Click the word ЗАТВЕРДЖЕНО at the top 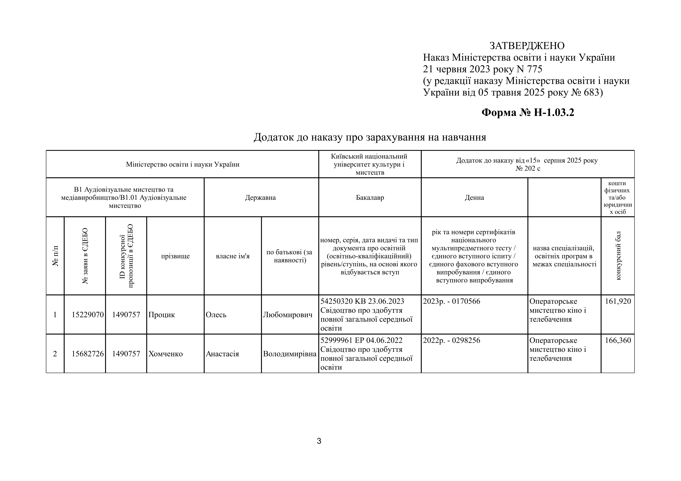(x=527, y=46)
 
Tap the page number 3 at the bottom (x=319, y=441)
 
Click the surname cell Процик (x=162, y=315)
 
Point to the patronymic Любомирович (x=288, y=315)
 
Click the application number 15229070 (x=88, y=315)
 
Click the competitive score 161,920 (x=618, y=302)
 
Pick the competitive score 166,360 (x=618, y=341)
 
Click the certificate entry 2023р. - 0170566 (x=451, y=302)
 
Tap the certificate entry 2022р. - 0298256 (x=451, y=341)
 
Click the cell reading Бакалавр (x=370, y=198)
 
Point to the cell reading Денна (x=474, y=198)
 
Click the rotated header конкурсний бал (x=618, y=256)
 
